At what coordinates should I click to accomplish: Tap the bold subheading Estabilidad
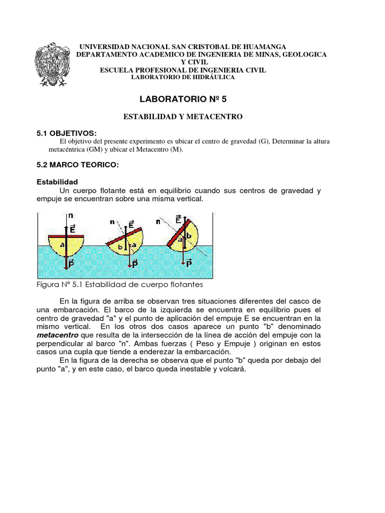[58, 181]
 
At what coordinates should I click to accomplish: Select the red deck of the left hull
[66, 235]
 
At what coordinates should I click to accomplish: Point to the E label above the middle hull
[131, 224]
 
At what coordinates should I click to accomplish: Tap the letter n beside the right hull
[159, 221]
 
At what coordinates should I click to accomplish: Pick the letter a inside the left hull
[62, 245]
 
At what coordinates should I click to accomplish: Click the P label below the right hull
[188, 263]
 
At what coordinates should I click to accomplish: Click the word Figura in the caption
[49, 285]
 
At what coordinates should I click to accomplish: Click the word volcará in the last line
[233, 369]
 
